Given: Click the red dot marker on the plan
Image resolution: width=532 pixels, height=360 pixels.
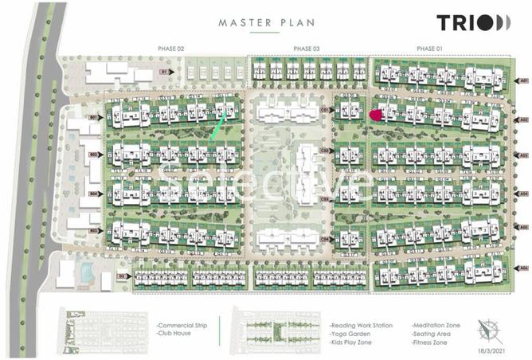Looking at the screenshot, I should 376,115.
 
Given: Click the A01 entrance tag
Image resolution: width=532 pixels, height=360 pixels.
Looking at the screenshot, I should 523,81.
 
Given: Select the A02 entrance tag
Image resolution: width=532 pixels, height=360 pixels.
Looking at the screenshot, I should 523,119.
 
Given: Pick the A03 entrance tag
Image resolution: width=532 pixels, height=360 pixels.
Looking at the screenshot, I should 523,156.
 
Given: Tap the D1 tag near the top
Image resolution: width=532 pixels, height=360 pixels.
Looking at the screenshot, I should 163,72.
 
